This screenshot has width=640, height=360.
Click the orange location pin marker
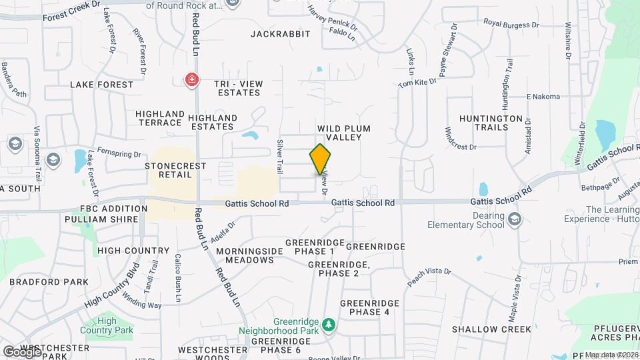[x=320, y=159]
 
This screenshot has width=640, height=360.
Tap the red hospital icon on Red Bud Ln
[x=192, y=80]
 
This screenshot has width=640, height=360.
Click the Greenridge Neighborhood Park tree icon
[x=328, y=325]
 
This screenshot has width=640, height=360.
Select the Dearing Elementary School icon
[x=514, y=219]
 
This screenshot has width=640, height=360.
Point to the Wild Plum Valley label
[x=343, y=132]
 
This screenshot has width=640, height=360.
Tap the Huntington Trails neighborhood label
[x=491, y=123]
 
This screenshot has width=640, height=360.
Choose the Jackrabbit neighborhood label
[x=281, y=33]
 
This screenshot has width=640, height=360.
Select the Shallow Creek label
[x=491, y=329]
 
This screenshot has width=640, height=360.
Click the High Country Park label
[x=106, y=325]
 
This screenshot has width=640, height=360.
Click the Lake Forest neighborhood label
[x=101, y=85]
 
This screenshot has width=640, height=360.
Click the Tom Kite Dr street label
[x=417, y=82]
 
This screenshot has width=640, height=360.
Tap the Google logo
[x=22, y=351]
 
